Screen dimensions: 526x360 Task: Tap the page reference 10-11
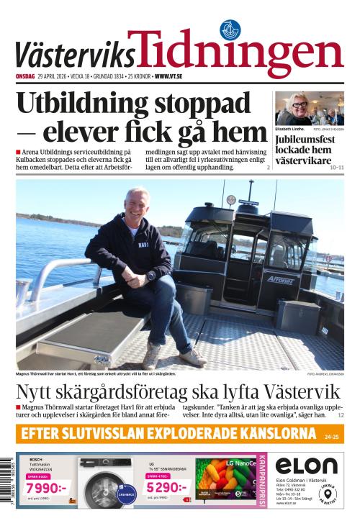[337, 167]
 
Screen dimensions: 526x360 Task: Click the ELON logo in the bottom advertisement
[306, 466]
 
